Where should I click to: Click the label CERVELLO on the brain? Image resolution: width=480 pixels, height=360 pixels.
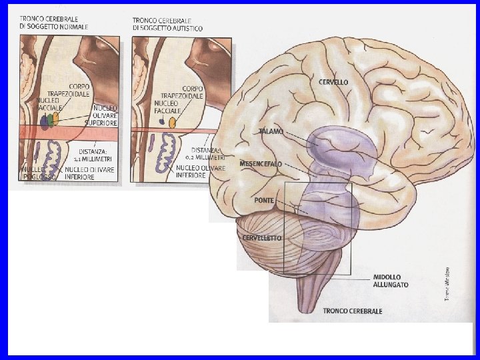click(x=333, y=82)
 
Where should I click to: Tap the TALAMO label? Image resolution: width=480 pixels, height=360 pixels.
click(x=271, y=131)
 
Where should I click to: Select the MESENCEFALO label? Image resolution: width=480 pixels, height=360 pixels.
click(x=261, y=163)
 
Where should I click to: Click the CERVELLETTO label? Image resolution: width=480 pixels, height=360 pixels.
click(x=262, y=238)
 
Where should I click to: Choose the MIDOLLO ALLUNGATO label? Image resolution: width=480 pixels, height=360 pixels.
click(x=391, y=281)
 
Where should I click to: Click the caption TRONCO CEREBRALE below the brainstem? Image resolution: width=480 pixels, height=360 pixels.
click(x=352, y=311)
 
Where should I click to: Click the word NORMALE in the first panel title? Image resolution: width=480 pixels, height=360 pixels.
click(x=73, y=26)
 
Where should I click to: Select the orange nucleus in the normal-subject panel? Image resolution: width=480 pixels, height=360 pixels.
click(x=56, y=118)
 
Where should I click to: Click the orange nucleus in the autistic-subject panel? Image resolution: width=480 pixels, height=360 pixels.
click(x=173, y=123)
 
